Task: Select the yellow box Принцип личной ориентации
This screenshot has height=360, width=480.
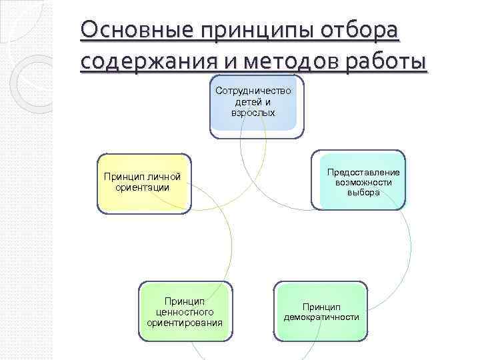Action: (143, 184)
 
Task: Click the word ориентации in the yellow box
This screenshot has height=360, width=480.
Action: (142, 187)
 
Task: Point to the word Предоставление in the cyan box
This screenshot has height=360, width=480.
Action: (363, 172)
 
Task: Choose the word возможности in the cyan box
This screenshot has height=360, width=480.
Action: (363, 182)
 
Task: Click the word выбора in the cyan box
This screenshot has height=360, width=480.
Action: (363, 192)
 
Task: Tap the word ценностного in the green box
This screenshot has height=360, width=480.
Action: (185, 311)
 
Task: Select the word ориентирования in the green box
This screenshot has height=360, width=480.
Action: (185, 323)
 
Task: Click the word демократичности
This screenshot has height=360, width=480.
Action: (321, 317)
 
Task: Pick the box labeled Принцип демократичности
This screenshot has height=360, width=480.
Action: (321, 311)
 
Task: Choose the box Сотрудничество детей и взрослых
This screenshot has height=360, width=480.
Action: (256, 107)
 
